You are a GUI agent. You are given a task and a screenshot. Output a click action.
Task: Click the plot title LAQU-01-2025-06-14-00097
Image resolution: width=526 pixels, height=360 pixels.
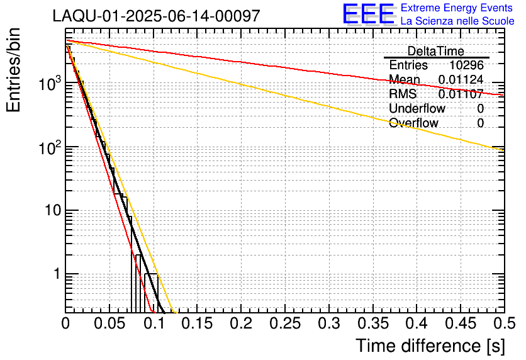click(156, 16)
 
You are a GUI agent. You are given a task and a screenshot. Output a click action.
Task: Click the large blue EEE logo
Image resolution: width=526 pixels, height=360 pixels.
click(369, 14)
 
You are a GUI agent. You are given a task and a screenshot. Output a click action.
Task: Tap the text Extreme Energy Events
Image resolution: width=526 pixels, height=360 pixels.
click(457, 8)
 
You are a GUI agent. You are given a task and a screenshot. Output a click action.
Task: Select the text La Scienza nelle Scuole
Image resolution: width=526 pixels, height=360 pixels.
click(457, 21)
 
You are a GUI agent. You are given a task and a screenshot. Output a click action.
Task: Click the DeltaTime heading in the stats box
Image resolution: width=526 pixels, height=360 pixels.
click(435, 51)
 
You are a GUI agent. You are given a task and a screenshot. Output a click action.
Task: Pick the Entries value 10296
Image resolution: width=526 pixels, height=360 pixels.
click(466, 65)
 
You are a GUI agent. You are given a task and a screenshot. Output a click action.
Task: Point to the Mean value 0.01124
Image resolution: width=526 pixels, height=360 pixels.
click(461, 79)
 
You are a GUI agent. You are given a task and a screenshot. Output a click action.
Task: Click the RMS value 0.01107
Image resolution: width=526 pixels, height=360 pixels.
click(461, 94)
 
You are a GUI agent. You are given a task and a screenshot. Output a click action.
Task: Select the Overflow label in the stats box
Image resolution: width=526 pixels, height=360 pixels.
click(413, 123)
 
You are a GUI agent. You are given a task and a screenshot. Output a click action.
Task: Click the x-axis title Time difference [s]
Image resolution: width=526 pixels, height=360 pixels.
click(430, 346)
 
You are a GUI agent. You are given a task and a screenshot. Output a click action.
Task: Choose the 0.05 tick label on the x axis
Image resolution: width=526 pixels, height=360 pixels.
click(109, 324)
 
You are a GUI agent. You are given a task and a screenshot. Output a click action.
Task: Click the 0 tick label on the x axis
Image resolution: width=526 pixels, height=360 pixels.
click(65, 324)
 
